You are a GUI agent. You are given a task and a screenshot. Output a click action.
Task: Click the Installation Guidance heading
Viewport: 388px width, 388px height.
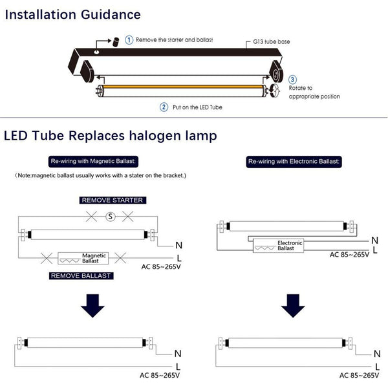[72, 15]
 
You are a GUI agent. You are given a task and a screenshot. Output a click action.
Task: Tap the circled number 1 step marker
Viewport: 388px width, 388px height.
[129, 40]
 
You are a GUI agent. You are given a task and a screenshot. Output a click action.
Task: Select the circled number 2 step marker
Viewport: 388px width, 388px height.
[164, 107]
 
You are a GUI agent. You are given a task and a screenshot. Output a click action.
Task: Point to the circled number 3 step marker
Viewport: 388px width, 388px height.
[292, 80]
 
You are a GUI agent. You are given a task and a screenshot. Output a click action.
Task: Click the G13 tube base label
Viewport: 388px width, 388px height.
[271, 41]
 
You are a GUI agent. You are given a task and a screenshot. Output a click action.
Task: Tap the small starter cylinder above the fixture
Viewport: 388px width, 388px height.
[116, 42]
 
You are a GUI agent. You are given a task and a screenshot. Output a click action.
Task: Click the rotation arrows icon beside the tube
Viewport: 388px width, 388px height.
[274, 91]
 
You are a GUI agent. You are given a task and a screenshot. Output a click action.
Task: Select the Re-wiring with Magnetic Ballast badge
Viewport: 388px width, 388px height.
[93, 161]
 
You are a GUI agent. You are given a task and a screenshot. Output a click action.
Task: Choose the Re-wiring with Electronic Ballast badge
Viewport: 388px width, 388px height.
[294, 162]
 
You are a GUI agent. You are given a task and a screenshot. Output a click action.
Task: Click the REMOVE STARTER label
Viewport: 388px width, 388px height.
[113, 200]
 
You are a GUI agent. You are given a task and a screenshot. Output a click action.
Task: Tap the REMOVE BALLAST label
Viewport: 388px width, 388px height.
[81, 275]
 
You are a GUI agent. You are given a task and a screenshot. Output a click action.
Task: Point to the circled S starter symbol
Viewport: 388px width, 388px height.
[111, 217]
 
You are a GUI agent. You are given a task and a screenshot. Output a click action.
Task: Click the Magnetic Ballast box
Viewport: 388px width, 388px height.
[83, 258]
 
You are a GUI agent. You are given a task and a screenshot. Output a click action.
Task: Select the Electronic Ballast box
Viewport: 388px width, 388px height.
[278, 246]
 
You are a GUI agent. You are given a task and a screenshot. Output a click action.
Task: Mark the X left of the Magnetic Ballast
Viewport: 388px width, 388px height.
[47, 258]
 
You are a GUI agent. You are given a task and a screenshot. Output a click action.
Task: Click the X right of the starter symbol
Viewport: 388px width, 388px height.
[127, 217]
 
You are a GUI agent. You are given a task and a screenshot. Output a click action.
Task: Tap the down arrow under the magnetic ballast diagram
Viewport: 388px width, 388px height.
[92, 306]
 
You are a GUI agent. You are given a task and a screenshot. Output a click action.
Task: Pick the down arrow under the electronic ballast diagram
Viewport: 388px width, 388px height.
[293, 306]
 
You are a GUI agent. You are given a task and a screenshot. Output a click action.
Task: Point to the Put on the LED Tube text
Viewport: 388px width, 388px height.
[197, 107]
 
